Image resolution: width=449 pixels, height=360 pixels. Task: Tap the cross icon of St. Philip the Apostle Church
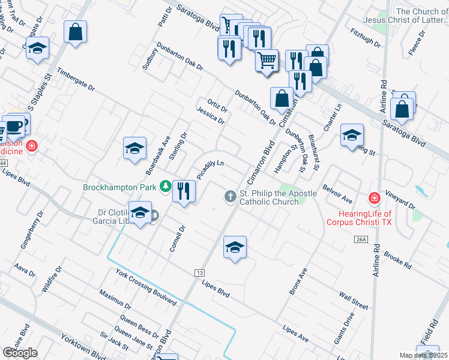tap(230, 196)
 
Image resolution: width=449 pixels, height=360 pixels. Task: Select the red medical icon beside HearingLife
tap(374, 197)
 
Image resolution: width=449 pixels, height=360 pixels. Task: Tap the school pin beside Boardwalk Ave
tap(135, 148)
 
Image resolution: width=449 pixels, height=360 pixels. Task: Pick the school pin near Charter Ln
tap(352, 136)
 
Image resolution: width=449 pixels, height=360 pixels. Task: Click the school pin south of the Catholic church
tap(235, 247)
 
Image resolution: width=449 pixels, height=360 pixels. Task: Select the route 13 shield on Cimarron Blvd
tap(199, 273)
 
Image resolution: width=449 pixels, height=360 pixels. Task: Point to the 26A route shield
tap(360, 239)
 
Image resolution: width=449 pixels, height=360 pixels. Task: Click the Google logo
tap(20, 353)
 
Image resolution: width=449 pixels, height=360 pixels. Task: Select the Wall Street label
tap(353, 301)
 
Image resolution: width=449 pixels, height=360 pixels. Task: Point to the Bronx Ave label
tap(298, 280)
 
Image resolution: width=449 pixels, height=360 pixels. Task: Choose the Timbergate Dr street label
tap(76, 79)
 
